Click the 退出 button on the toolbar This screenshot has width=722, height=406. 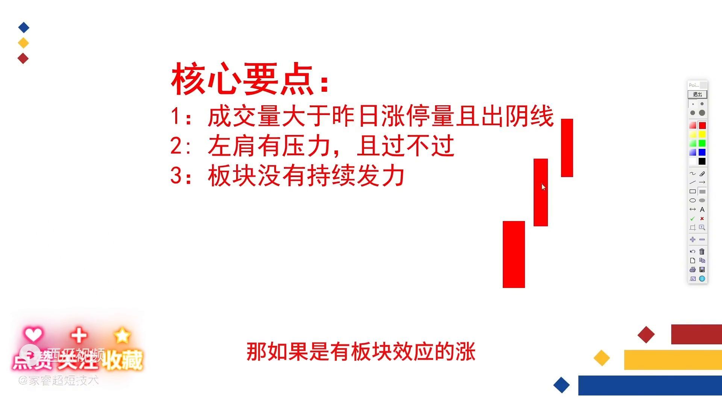click(697, 94)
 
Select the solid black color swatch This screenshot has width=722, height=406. click(702, 161)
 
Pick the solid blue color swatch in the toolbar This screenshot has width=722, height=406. click(702, 152)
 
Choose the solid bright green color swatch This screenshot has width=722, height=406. click(702, 143)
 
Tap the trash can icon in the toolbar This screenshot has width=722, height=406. click(702, 251)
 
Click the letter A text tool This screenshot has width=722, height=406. click(702, 209)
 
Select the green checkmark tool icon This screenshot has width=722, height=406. click(692, 218)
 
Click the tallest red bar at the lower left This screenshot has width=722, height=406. click(514, 255)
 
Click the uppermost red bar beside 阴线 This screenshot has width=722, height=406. click(567, 148)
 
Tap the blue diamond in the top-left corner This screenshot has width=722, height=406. click(24, 27)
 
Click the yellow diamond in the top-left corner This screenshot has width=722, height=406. click(23, 43)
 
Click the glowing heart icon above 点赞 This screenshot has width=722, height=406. click(33, 334)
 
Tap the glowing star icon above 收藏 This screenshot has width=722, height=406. click(122, 335)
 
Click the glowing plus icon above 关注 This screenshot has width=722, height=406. click(79, 335)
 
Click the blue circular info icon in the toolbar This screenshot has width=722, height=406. click(702, 279)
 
